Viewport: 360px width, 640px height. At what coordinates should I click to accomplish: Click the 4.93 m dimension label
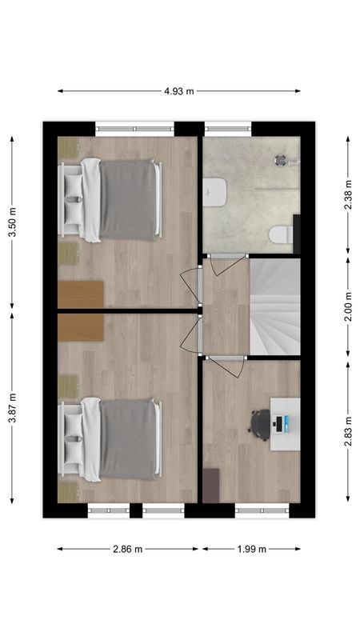click(179, 91)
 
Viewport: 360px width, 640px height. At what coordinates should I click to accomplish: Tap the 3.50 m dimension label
click(11, 222)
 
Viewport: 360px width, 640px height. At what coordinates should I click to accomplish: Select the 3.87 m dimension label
click(11, 409)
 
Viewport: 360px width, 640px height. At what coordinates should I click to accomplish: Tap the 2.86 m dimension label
click(127, 549)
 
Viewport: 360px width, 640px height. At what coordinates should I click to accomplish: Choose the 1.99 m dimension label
click(251, 549)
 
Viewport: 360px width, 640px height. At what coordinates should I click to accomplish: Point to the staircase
click(275, 306)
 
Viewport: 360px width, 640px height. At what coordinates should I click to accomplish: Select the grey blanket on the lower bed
click(128, 439)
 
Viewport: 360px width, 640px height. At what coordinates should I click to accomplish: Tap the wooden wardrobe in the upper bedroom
click(81, 294)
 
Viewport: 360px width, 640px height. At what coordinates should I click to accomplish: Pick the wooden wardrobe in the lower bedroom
click(81, 326)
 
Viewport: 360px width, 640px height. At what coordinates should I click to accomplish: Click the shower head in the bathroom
click(282, 158)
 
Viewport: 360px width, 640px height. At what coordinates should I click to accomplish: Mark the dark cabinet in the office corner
click(210, 485)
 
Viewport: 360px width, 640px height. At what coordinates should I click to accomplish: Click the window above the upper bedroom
click(134, 126)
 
